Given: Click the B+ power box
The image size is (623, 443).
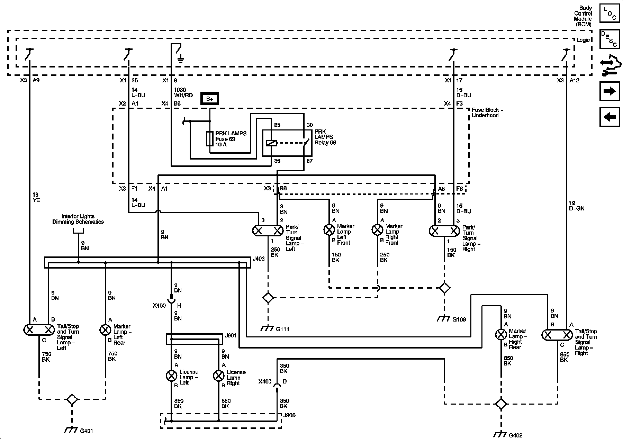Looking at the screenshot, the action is point(210,99).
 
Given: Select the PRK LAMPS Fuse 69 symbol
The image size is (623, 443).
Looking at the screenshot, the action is point(209,139).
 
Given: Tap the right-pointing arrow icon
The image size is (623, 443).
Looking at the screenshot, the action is point(610,91).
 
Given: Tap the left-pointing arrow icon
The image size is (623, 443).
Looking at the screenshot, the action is point(610,117).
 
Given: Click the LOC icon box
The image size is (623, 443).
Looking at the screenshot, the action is point(610,14).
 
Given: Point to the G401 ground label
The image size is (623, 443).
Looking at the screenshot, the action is point(87,431).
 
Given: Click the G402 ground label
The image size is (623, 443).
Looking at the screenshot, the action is point(516,435).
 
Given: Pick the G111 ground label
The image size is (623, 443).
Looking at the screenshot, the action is point(282,329).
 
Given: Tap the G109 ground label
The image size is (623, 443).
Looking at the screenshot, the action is point(459,319).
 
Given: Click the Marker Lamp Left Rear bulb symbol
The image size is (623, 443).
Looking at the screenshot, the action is point(105,330).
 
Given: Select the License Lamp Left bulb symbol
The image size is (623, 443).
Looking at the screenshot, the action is point(171,376).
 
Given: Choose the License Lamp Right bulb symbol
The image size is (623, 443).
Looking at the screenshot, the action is point(219,376).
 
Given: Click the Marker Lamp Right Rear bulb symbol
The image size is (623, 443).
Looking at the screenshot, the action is point(501,334).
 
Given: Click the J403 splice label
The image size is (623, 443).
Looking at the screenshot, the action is point(259,258).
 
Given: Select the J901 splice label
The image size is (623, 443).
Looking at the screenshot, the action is point(231,335).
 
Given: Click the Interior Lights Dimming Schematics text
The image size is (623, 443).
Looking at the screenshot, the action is point(78,219).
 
